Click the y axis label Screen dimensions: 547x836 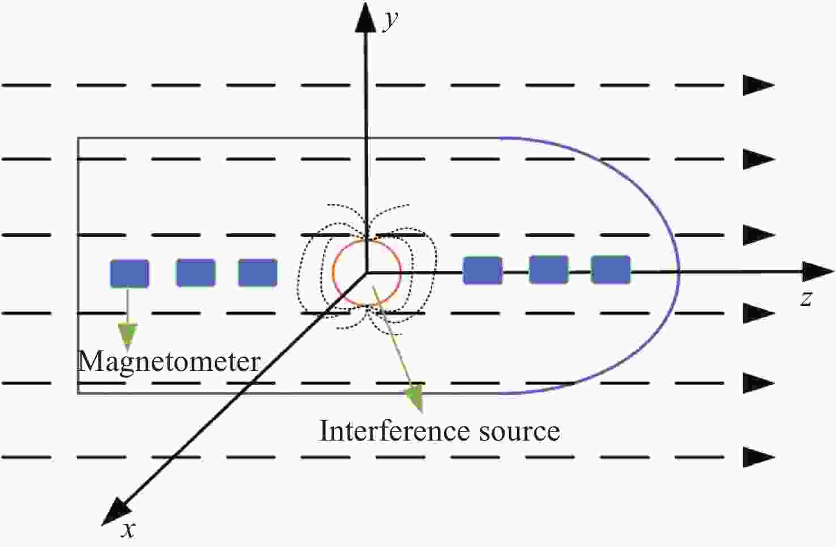coord(390,20)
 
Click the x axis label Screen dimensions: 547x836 coord(129,530)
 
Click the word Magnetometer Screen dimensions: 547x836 coord(169,361)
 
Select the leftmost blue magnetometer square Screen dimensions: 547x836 coord(129,273)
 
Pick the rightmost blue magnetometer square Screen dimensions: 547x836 coord(611,270)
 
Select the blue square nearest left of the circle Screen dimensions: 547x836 coord(258,272)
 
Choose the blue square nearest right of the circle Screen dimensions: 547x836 coord(483,270)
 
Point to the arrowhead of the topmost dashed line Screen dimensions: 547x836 coord(758,85)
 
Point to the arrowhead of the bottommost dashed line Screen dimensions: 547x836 coord(758,456)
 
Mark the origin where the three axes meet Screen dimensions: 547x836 coord(366,272)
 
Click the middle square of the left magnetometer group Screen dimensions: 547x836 coord(195,272)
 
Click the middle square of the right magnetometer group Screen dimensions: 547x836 coord(548,270)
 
